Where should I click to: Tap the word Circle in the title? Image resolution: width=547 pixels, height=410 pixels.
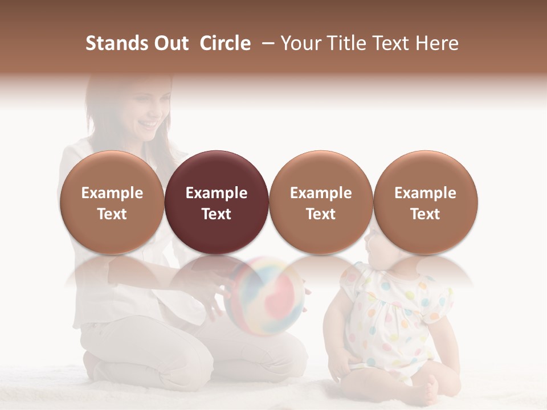225,43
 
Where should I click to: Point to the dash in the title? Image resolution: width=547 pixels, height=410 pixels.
266,43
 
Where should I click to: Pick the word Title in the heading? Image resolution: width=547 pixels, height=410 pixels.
346,43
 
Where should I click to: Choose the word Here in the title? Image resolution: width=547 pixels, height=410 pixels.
437,43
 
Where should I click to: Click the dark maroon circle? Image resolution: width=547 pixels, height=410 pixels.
217,203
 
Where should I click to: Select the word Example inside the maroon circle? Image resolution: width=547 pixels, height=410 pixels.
217,193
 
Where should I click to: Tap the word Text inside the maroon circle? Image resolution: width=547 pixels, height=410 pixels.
217,214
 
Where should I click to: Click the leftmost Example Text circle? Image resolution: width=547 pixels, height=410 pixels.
112,203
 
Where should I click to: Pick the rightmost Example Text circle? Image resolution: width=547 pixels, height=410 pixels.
425,203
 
